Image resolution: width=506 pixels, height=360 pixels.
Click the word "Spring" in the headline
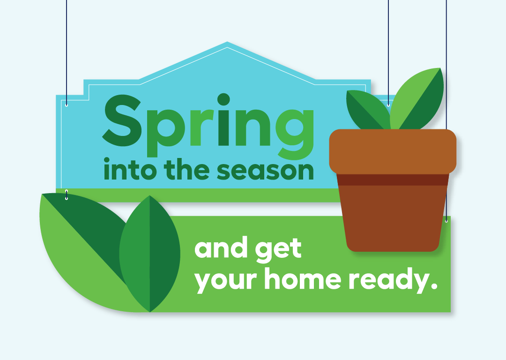tap(208, 126)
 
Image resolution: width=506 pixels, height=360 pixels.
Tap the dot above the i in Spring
tap(223, 99)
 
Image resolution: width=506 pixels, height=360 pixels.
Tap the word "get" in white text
tap(278, 250)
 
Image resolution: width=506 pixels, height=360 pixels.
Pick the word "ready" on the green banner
tap(389, 280)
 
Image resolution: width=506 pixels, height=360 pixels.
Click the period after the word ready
tap(434, 286)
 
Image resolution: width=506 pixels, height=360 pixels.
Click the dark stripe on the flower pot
tap(393, 180)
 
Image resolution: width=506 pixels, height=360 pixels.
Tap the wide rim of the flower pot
tap(393, 152)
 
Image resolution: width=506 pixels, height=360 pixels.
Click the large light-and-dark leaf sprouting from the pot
tap(417, 98)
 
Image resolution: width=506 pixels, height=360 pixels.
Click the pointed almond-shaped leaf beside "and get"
tap(150, 254)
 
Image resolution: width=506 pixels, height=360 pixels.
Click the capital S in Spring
tap(122, 120)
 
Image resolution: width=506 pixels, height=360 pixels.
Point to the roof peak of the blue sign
tap(227, 42)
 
